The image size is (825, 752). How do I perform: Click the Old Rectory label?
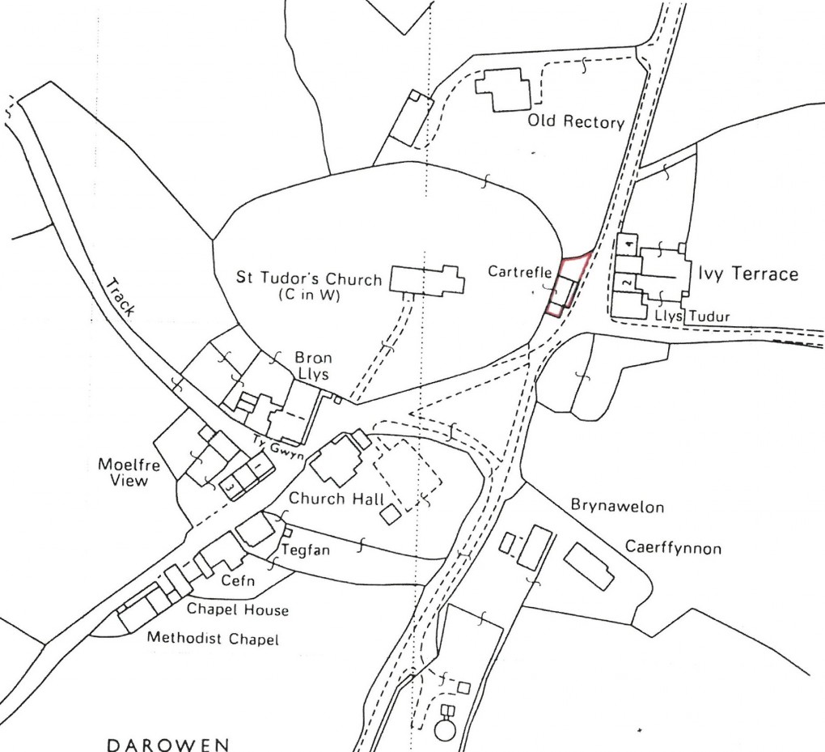[576, 123]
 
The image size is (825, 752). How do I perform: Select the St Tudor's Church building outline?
[427, 279]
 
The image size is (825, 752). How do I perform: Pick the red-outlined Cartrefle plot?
[568, 283]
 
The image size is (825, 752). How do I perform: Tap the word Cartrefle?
[519, 272]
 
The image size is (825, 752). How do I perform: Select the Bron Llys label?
[313, 365]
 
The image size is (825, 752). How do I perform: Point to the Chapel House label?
[238, 610]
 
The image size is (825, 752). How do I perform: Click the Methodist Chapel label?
[213, 639]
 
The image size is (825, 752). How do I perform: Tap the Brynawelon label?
[617, 508]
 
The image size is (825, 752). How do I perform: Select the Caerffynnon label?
[673, 548]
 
